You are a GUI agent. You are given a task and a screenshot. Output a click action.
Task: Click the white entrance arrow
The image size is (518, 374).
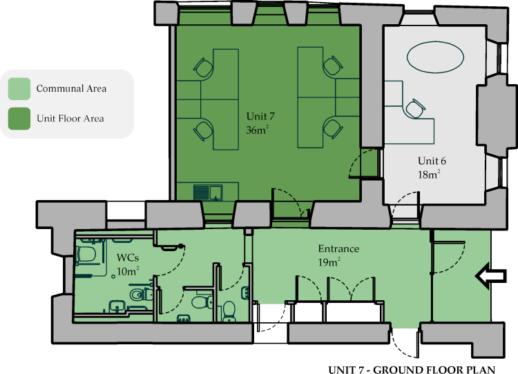tap(490, 276)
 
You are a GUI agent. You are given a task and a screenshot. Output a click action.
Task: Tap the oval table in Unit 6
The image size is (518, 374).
tap(435, 57)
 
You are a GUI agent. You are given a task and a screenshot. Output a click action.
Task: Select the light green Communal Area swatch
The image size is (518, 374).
tap(19, 89)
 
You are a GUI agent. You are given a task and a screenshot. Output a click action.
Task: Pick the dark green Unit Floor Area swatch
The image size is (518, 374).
tap(19, 119)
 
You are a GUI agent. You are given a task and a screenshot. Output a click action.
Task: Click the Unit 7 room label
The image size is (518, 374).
tap(260, 116)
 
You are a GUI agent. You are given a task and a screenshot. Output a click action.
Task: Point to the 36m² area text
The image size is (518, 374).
tap(257, 130)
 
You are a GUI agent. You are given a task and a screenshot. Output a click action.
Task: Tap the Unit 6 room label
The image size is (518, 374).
tap(432, 161)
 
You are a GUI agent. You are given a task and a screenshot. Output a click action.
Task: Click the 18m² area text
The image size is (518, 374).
tap(429, 174)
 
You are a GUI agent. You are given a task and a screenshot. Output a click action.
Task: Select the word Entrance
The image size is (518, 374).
tap(338, 248)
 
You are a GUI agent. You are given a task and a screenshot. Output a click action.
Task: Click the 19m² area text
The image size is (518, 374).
tap(329, 262)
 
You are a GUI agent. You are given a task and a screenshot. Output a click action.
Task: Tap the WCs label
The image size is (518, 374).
tap(128, 257)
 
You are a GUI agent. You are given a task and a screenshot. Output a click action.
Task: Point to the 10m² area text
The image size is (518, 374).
tap(128, 271)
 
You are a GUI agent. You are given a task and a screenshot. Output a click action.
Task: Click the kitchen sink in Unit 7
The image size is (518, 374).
tap(207, 193)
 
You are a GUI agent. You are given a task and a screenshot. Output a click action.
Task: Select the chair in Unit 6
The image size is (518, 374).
tap(415, 108)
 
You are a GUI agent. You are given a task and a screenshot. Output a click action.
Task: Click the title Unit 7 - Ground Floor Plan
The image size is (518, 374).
tap(412, 370)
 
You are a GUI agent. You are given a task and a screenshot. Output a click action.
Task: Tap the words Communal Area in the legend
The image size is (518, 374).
tap(71, 88)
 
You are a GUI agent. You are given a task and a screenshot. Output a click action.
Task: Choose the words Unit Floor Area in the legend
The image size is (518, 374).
tap(70, 119)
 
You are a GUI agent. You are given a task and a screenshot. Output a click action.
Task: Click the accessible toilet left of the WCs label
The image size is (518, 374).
tap(86, 254)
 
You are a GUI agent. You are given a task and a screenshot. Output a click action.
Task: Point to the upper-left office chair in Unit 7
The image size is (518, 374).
tap(204, 68)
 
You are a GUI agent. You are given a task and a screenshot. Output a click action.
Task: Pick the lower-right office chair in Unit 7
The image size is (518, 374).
tap(333, 129)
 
